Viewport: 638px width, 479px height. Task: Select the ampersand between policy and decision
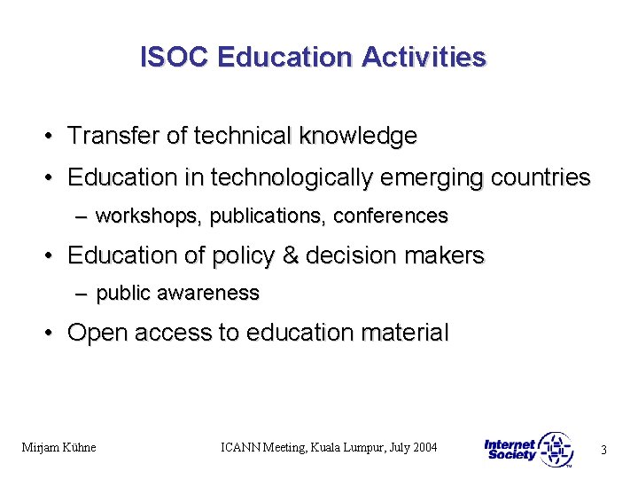290,255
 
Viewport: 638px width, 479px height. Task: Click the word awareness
216,293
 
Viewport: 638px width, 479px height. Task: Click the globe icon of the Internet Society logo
556,449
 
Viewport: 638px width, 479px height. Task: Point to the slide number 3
603,450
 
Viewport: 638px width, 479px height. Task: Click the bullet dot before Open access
52,333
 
